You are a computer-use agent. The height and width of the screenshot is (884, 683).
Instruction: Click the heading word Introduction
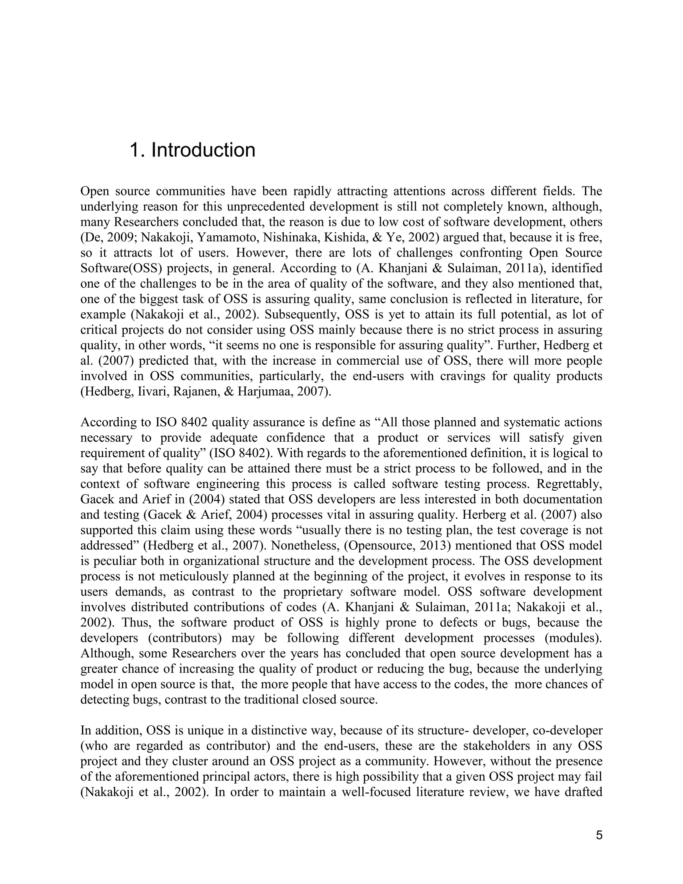tap(203, 150)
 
